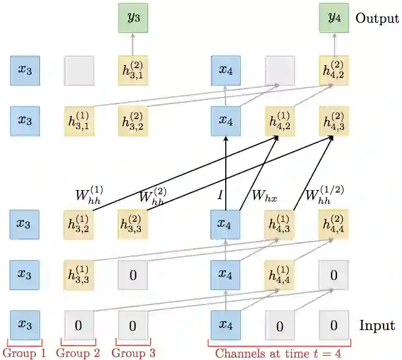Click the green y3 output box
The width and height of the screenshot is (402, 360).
click(133, 18)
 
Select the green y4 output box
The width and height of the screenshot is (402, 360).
click(333, 18)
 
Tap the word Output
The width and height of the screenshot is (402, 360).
click(377, 18)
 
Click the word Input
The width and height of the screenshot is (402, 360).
click(377, 326)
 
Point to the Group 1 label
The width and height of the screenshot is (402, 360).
click(24, 353)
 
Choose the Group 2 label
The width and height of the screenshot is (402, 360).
click(78, 353)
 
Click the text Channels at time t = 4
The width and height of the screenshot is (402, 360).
click(278, 353)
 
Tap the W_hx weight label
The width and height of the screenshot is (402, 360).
click(263, 195)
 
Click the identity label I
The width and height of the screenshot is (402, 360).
click(220, 195)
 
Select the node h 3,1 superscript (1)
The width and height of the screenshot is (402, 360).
click(79, 121)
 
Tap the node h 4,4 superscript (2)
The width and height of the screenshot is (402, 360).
click(333, 224)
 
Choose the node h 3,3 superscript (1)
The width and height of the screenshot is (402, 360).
click(79, 275)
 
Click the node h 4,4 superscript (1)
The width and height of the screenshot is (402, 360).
click(280, 275)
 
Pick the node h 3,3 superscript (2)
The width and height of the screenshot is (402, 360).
click(133, 224)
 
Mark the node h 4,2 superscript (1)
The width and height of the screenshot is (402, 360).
click(280, 121)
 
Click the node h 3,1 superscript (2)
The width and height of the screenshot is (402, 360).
click(133, 70)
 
